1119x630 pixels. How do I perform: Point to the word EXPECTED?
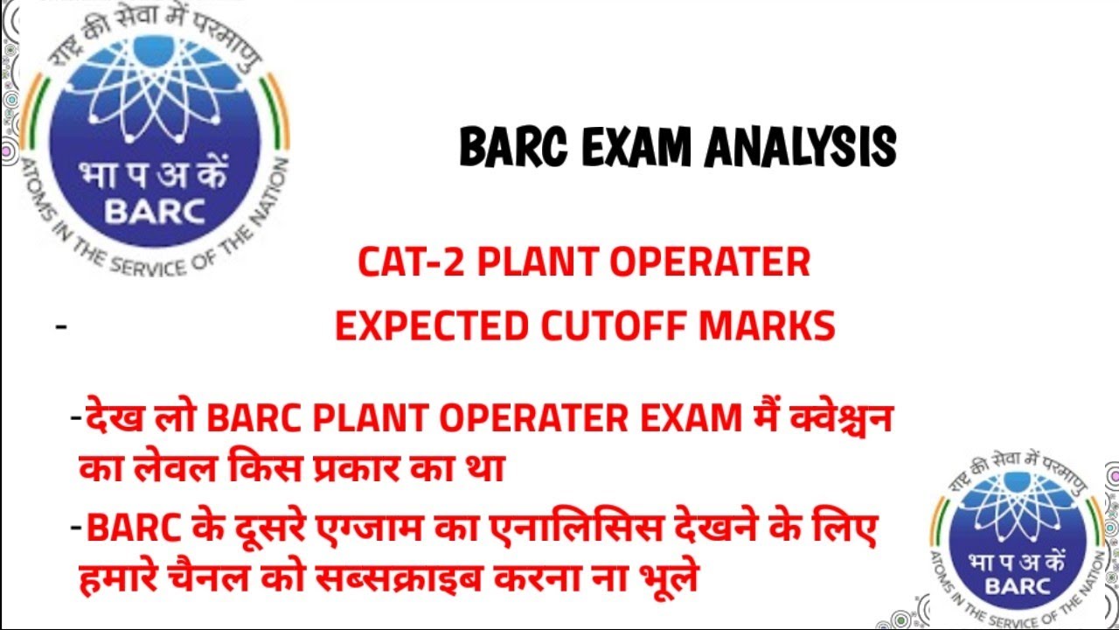coord(431,326)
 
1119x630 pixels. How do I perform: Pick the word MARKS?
coord(770,326)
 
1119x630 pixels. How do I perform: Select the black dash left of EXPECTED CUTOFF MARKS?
coord(61,327)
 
